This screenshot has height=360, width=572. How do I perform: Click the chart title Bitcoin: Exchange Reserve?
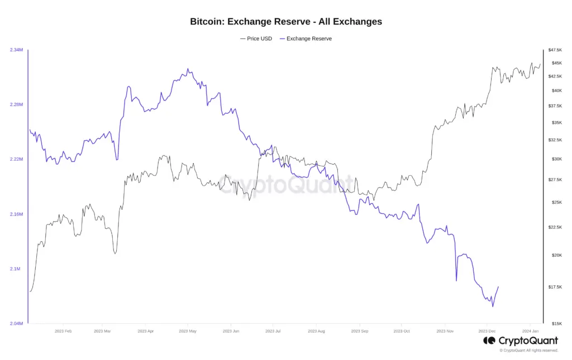(286, 22)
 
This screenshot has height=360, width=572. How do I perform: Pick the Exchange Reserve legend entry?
(306, 39)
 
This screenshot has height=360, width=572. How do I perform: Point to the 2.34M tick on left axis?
(16, 50)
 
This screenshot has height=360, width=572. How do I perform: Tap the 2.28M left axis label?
(16, 105)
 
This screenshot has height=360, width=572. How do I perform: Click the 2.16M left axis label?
(16, 214)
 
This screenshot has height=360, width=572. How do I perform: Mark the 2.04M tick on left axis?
(16, 324)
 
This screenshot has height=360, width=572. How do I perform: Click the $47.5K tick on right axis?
(554, 50)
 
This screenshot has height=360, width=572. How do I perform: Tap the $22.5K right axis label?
(554, 227)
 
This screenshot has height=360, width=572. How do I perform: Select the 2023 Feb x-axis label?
(63, 331)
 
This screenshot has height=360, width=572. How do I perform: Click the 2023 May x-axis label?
(188, 331)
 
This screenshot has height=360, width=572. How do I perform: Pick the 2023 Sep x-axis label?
(360, 331)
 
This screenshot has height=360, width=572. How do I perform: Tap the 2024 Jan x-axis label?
(530, 331)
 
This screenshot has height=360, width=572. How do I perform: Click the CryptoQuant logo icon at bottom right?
(489, 340)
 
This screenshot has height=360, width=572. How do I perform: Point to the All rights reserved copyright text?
(529, 351)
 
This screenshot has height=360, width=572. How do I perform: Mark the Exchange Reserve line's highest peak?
(188, 69)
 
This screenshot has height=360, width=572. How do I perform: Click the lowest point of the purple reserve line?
(493, 306)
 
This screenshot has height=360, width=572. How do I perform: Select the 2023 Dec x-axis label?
(487, 331)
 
